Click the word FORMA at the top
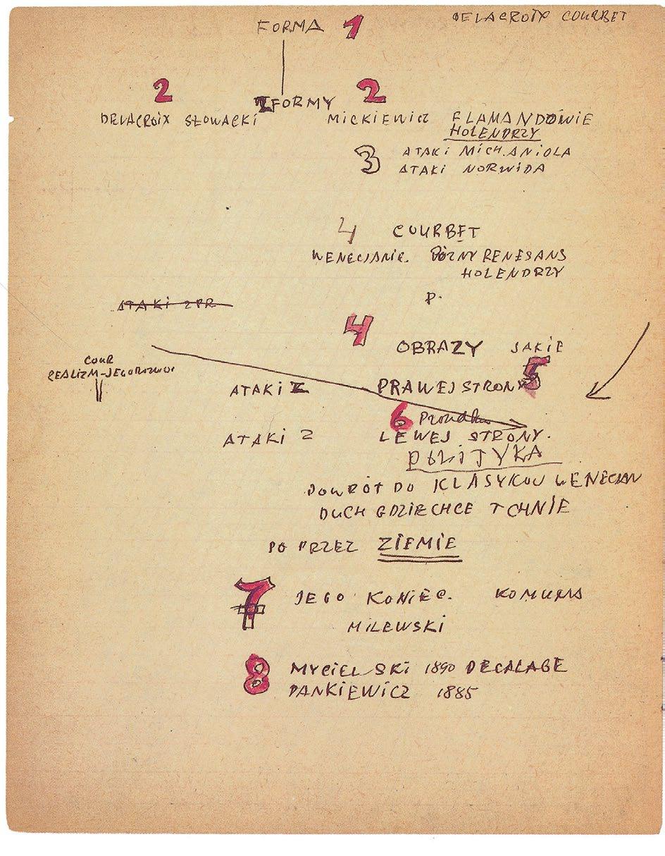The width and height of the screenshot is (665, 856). point(290,27)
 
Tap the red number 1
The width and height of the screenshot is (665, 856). point(353,29)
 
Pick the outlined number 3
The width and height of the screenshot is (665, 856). point(370,161)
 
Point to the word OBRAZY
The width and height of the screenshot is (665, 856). point(439,348)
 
